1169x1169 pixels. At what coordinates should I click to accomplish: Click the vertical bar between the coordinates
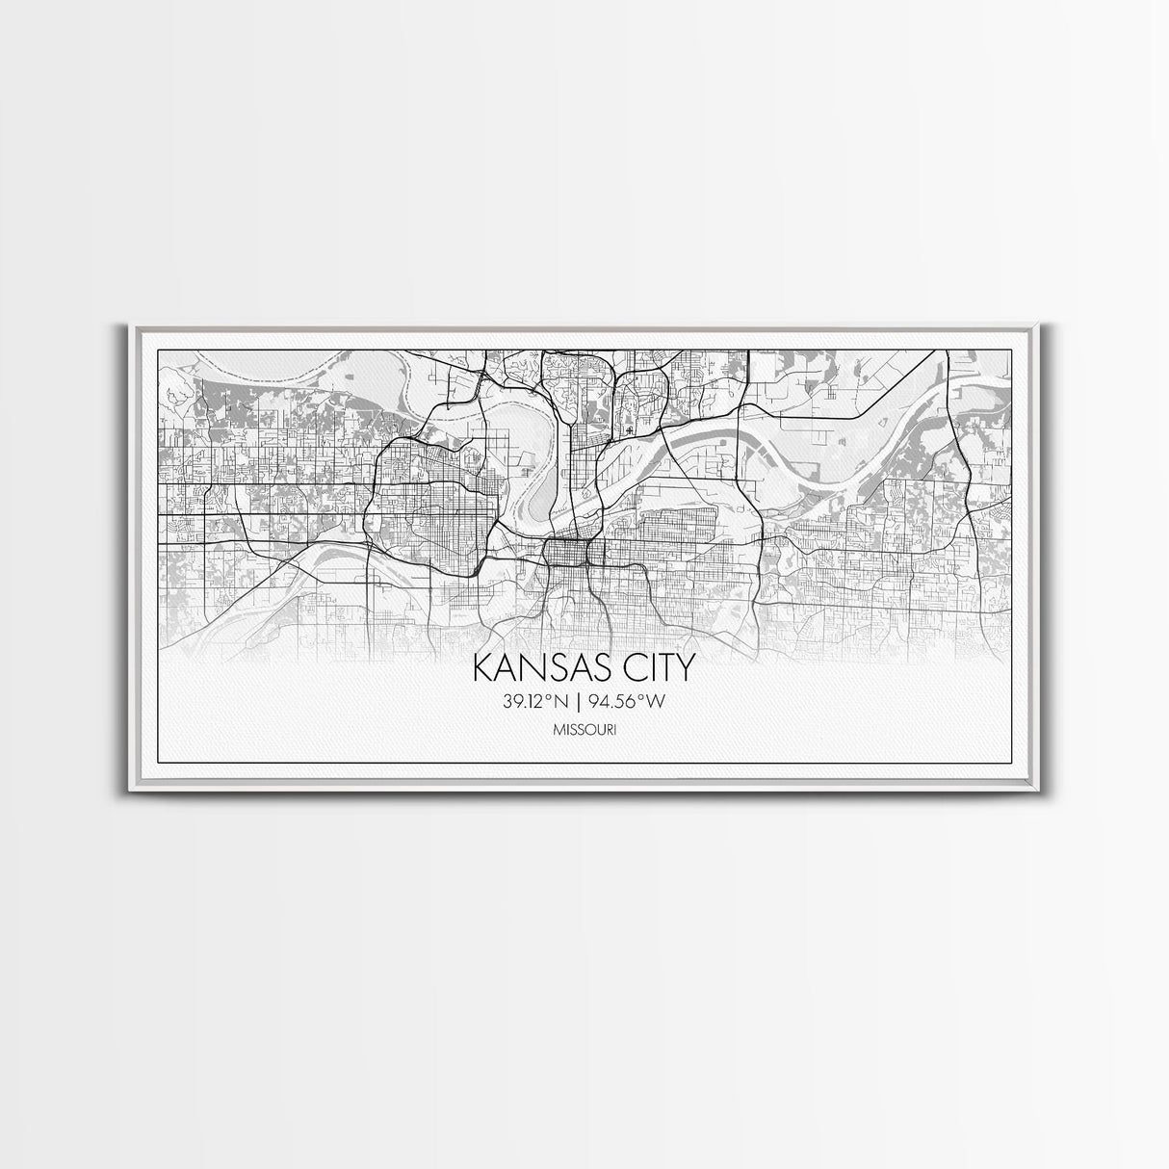coord(584,701)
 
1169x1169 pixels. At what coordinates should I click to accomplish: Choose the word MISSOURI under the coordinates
coord(584,731)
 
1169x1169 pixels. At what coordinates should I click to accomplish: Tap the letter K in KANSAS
coord(481,669)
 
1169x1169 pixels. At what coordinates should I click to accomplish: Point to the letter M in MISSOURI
coord(558,731)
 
